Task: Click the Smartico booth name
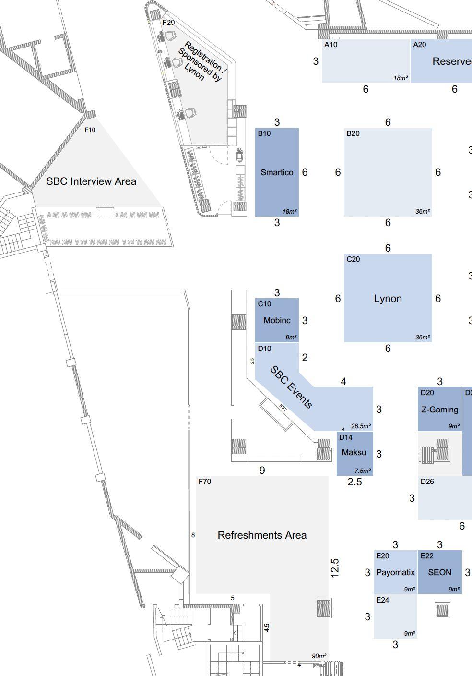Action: [277, 172]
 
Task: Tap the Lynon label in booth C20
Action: [388, 299]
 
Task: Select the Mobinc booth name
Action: [277, 320]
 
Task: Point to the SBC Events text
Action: [291, 387]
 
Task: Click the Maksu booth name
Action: [354, 452]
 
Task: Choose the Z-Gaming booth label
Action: [439, 410]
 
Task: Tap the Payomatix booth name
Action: [395, 572]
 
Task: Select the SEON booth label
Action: [439, 572]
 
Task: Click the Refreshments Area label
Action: [262, 535]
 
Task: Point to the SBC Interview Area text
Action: [91, 181]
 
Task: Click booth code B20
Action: [353, 133]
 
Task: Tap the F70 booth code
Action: [204, 482]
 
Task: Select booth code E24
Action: [382, 600]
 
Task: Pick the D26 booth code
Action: [427, 482]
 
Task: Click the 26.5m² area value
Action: [361, 426]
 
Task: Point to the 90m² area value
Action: [319, 656]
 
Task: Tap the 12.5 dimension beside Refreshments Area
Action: [335, 567]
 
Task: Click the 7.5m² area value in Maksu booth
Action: [362, 471]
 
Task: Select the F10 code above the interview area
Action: [90, 130]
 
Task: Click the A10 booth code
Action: [331, 45]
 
